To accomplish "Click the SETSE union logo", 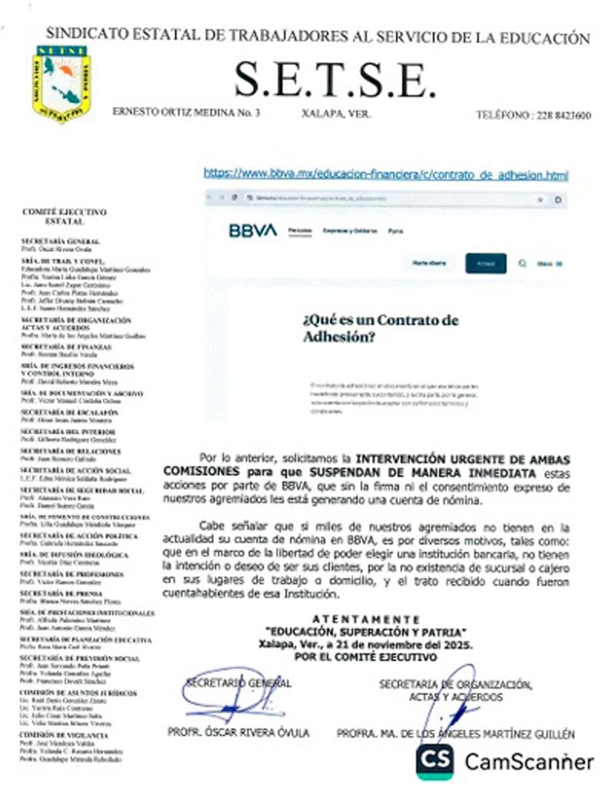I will pos(61,84).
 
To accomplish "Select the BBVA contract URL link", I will pos(386,175).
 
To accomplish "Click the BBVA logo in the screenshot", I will pos(253,230).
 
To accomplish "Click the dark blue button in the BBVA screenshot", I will pos(485,263).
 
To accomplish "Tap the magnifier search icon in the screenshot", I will pos(523,263).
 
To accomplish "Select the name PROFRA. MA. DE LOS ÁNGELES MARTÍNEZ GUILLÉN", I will pos(456,734).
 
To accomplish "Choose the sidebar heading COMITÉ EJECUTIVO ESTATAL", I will pos(64,216).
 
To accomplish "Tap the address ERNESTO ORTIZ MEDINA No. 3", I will pos(187,112).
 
